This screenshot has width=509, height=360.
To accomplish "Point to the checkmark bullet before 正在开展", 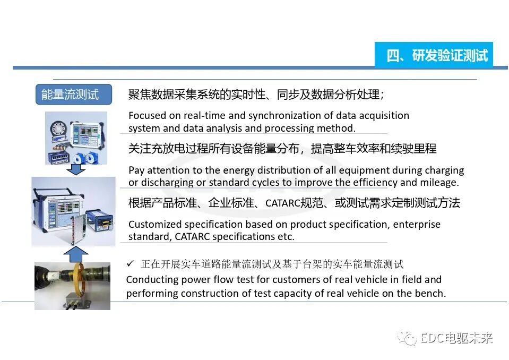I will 131,264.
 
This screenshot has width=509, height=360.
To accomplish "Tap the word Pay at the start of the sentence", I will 136,170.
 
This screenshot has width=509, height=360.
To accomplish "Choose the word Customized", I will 156,224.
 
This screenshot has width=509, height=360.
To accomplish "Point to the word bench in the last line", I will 430,293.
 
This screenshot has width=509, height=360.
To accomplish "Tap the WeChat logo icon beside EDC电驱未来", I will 408,339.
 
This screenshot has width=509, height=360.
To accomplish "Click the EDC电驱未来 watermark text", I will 456,339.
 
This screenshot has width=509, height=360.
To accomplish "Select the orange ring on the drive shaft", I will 84,282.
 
